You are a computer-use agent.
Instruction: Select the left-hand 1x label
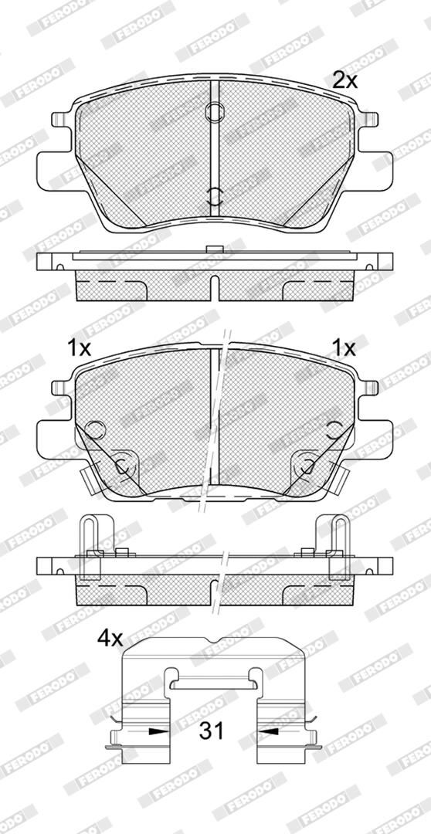pos(80,348)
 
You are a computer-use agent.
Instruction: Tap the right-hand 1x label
pos(343,348)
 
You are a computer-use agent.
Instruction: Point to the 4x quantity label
pos(110,639)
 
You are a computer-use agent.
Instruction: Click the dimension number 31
pos(212,731)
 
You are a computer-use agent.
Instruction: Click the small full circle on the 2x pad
pos(215,112)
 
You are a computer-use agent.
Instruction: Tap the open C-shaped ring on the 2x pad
pos(215,195)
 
